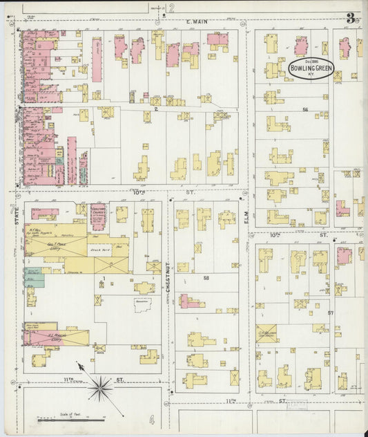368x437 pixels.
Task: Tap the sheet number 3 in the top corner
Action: click(x=351, y=18)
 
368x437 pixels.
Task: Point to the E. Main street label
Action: click(x=197, y=21)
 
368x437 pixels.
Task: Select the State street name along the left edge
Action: click(x=15, y=214)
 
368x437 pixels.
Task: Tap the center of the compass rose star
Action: click(x=101, y=387)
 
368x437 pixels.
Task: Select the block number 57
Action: click(x=331, y=313)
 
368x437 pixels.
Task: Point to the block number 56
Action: click(x=304, y=109)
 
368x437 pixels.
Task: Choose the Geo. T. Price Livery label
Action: click(x=55, y=244)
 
